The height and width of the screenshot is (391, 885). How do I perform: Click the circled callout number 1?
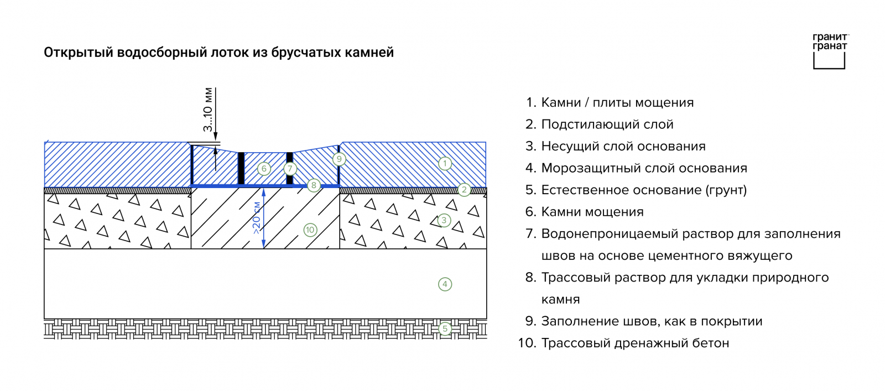[445, 164]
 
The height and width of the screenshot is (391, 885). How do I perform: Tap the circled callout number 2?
[464, 190]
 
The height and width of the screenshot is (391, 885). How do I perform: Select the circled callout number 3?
[444, 220]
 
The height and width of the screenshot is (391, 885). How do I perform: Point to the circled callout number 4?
[445, 284]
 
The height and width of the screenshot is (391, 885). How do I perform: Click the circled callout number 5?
[445, 329]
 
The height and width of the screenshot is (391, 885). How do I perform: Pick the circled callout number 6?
[264, 169]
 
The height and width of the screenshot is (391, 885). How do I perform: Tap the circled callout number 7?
[290, 169]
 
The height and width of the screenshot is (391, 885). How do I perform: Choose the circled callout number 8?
[314, 185]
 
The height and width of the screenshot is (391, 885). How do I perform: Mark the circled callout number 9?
[339, 159]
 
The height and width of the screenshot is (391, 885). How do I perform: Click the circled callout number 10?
[310, 230]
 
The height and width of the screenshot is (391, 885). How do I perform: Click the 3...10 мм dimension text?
[208, 110]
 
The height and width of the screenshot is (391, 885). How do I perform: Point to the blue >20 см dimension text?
[257, 218]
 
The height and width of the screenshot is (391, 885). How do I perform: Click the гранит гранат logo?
[830, 51]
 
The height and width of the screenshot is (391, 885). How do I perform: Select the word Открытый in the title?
[78, 53]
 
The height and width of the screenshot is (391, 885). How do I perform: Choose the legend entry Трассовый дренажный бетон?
[635, 343]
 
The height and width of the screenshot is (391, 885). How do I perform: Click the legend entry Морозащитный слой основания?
[644, 168]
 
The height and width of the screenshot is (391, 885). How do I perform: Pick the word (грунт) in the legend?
[726, 190]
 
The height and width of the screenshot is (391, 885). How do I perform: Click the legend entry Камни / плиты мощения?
[617, 103]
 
